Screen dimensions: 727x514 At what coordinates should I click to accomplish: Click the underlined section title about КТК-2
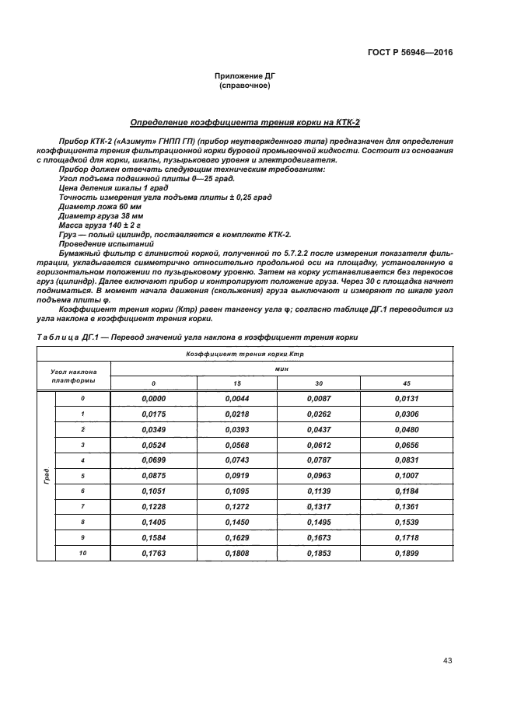pos(245,122)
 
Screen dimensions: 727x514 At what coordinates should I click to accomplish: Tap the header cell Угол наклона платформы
pos(74,376)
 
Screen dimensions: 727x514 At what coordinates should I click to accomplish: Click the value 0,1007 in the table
pos(411,475)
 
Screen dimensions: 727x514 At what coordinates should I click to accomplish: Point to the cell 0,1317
pos(323,506)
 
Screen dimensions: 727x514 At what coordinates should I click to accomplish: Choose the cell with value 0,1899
pos(411,553)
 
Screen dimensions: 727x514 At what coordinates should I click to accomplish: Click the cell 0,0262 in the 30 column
pos(323,414)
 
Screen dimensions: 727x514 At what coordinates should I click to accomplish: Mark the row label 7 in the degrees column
pos(82,506)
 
